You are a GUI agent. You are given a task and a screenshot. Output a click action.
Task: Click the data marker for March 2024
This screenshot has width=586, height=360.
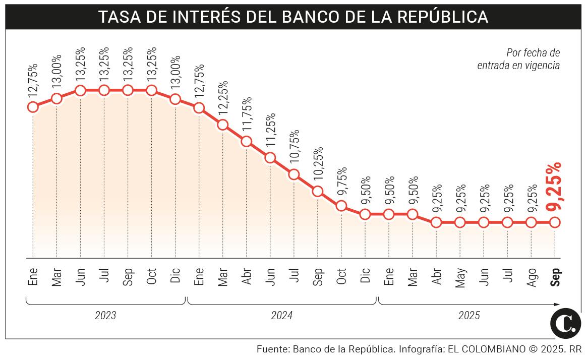pyautogui.click(x=222, y=125)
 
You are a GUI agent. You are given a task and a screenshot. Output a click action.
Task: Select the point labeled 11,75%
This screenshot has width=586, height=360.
pyautogui.click(x=246, y=141)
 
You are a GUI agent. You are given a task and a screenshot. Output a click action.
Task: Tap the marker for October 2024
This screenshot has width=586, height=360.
pyautogui.click(x=341, y=206)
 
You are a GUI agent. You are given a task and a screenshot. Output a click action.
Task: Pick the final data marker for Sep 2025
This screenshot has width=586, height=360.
pyautogui.click(x=555, y=222)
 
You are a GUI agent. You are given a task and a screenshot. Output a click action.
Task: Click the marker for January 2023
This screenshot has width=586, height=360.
pyautogui.click(x=33, y=106)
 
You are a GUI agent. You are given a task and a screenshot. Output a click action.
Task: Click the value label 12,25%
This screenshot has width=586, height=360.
pyautogui.click(x=223, y=98)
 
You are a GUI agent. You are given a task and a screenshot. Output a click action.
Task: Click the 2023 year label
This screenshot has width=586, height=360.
pyautogui.click(x=105, y=316)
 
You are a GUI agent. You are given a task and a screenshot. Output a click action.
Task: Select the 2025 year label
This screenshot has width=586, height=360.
pyautogui.click(x=469, y=316)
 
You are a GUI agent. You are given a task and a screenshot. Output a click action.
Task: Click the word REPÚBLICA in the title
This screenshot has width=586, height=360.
pyautogui.click(x=443, y=17)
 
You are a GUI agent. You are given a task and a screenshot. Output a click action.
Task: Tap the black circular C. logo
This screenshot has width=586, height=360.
pyautogui.click(x=565, y=323)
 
